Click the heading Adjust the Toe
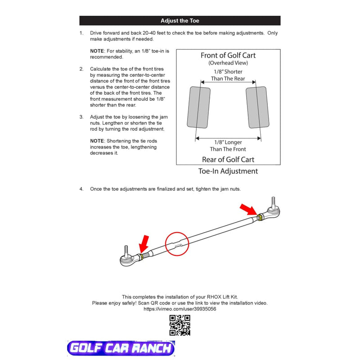pyautogui.click(x=180, y=21)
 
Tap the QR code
pyautogui.click(x=180, y=325)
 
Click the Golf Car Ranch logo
pyautogui.click(x=121, y=348)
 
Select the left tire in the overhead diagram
pyautogui.click(x=199, y=107)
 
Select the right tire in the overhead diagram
pyautogui.click(x=258, y=107)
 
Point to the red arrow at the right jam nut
pyautogui.click(x=248, y=209)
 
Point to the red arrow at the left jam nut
pyautogui.click(x=144, y=244)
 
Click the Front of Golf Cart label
pyautogui.click(x=228, y=56)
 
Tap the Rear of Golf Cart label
pyautogui.click(x=228, y=159)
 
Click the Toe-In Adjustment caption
pyautogui.click(x=228, y=171)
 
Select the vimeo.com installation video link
pyautogui.click(x=180, y=309)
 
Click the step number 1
pyautogui.click(x=81, y=33)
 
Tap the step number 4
pyautogui.click(x=81, y=189)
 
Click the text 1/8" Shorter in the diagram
pyautogui.click(x=228, y=72)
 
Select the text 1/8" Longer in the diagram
pyautogui.click(x=228, y=142)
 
